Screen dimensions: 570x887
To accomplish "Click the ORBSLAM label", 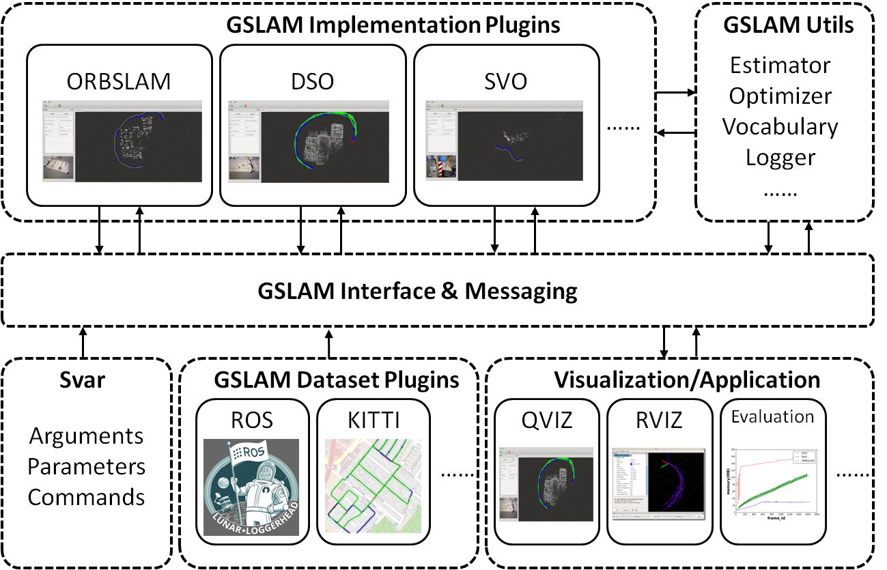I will (x=119, y=82).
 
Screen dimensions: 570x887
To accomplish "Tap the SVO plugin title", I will (x=506, y=82).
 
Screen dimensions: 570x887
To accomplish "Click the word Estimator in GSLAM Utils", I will (x=780, y=66).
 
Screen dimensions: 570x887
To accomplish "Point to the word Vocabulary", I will (x=780, y=127).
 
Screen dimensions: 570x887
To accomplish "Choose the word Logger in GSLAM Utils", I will (x=780, y=158).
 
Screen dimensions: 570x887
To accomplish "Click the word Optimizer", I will (x=780, y=96).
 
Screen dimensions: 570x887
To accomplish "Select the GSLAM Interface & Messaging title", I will (x=417, y=291).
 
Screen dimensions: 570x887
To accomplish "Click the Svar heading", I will (x=87, y=380).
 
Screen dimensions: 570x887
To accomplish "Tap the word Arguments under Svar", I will (x=87, y=436).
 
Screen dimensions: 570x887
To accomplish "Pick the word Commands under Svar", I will (x=87, y=497).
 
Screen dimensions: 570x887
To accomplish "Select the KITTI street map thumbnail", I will (x=373, y=486).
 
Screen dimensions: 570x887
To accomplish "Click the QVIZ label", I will (x=547, y=419).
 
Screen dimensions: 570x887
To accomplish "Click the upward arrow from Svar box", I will (x=83, y=342).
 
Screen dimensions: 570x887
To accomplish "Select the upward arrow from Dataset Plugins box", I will (x=329, y=342).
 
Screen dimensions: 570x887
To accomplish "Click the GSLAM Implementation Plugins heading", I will (x=393, y=26).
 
